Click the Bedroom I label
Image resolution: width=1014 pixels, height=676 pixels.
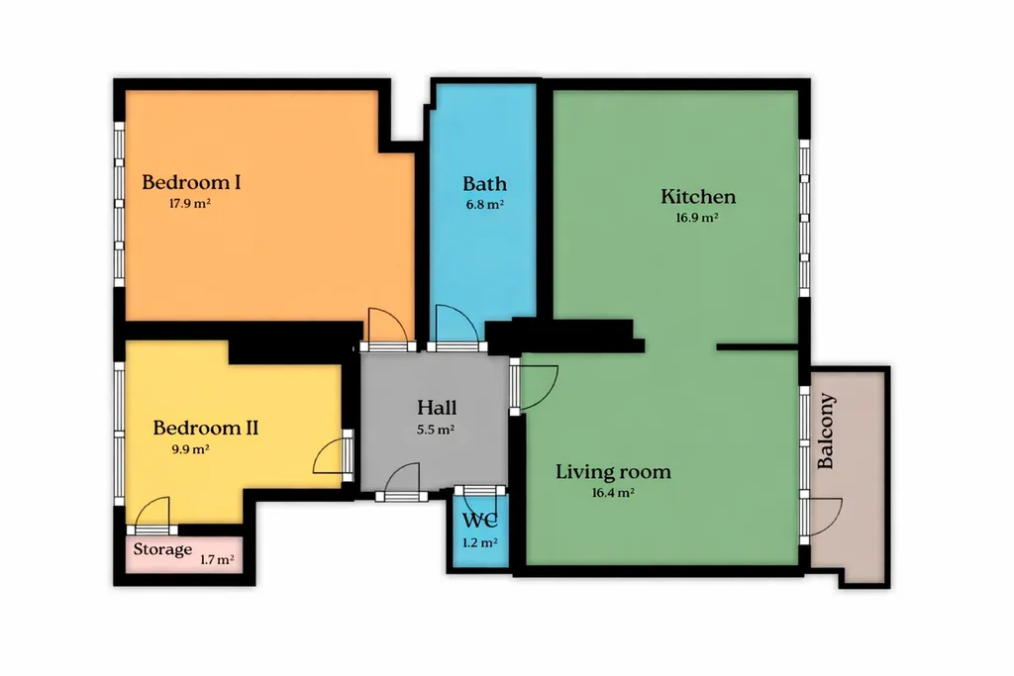pos(191,182)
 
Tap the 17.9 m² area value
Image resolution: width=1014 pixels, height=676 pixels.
pos(190,204)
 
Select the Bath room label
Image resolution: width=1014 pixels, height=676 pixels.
pos(484,184)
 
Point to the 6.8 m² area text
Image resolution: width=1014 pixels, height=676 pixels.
pos(484,205)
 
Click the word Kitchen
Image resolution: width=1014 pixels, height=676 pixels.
pos(698,197)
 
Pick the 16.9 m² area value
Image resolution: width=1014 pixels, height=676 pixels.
pos(697,218)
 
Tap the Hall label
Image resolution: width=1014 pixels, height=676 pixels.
pos(437,408)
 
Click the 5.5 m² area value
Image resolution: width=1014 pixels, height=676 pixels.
pos(436,430)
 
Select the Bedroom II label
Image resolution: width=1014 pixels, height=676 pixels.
pos(206,428)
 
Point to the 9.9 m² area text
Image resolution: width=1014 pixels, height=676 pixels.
pos(190,449)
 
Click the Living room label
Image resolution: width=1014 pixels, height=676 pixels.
pos(613,472)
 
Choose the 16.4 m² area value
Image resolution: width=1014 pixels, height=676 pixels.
pos(612,493)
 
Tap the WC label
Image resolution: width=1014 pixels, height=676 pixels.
pos(480,521)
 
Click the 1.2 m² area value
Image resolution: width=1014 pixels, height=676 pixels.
pos(480,542)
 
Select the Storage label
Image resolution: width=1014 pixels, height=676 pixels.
pos(162,550)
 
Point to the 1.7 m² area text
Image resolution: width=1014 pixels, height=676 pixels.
pos(217,559)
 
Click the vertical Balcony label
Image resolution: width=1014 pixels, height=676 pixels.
pos(826,432)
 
